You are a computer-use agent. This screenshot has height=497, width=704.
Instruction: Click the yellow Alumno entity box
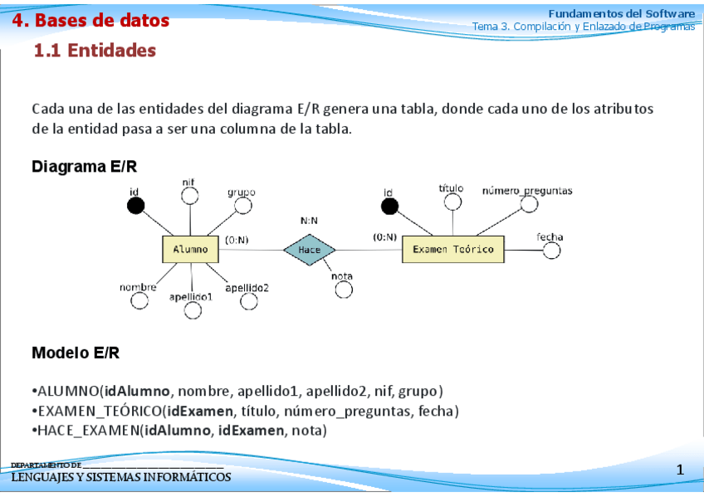(190, 249)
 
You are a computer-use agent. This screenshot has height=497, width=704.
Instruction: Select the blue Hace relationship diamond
(309, 250)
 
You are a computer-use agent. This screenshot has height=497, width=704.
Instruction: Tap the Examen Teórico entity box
(452, 249)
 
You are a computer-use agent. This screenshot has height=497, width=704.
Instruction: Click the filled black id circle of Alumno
(136, 206)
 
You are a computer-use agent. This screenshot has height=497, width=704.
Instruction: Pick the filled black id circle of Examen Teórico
(389, 207)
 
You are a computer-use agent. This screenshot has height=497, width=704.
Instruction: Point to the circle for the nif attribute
(189, 196)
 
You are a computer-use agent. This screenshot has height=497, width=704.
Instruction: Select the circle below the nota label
(344, 289)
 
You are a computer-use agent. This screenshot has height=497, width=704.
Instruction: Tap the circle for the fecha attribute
(551, 249)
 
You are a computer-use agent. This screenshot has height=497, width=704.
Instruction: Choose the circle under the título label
(452, 202)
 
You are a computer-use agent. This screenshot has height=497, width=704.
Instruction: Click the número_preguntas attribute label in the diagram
(527, 191)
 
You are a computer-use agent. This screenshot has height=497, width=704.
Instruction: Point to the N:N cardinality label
(310, 222)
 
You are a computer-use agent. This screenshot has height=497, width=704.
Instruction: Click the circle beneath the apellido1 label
(193, 310)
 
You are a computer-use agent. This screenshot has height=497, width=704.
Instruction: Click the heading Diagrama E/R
(84, 167)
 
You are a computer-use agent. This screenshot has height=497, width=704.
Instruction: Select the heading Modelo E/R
(76, 353)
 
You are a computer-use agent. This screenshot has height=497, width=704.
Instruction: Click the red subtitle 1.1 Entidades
(95, 51)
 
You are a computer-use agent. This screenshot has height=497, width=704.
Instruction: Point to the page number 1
(680, 470)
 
